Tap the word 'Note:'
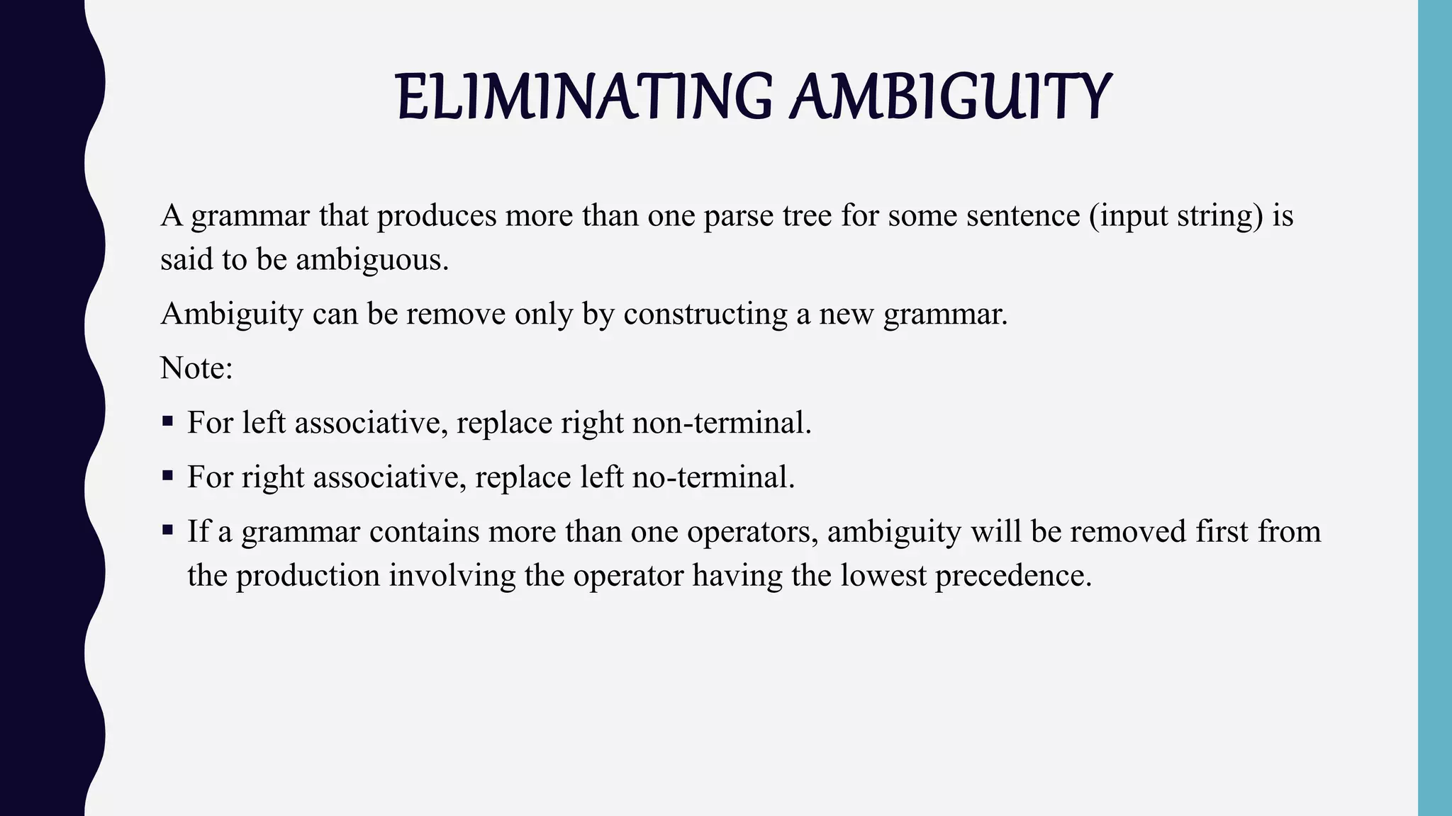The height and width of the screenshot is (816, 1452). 196,368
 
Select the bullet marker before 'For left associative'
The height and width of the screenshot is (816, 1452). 167,421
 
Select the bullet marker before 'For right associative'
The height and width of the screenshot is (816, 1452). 167,476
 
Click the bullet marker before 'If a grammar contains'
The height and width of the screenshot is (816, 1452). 167,530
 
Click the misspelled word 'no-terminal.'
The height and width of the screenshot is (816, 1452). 713,477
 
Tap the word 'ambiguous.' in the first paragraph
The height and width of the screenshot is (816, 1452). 372,260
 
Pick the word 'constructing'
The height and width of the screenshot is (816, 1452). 705,314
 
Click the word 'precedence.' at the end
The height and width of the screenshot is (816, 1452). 1013,575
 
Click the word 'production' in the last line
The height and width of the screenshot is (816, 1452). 308,575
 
